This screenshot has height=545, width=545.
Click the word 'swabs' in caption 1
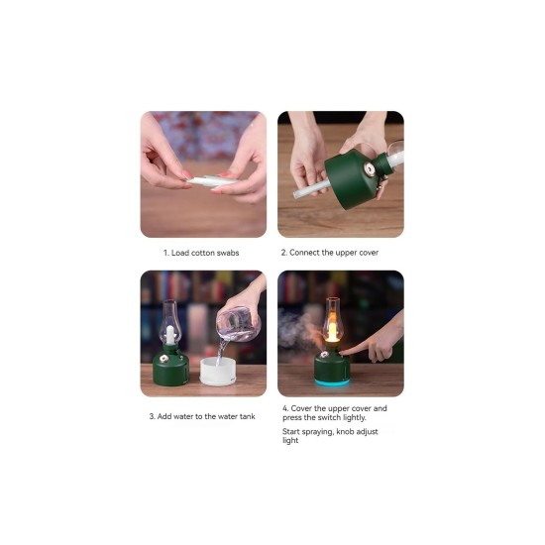[228, 253]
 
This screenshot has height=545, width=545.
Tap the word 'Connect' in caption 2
[304, 253]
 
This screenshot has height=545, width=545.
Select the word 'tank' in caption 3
[247, 416]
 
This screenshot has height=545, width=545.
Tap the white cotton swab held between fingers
[211, 180]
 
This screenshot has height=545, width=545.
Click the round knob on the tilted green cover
[370, 170]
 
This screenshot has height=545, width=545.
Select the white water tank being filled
[218, 372]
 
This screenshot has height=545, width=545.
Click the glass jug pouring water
[239, 324]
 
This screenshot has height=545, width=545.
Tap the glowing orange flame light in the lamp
[332, 332]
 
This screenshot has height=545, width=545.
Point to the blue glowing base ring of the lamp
[332, 382]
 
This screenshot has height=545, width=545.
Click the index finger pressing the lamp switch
[357, 348]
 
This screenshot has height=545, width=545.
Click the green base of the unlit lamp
[170, 369]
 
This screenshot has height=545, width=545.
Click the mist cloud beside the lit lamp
[296, 330]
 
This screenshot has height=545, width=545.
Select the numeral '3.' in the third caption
[153, 416]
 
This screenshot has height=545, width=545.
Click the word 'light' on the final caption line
[290, 440]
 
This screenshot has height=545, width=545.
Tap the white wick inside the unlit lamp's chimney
[170, 335]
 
